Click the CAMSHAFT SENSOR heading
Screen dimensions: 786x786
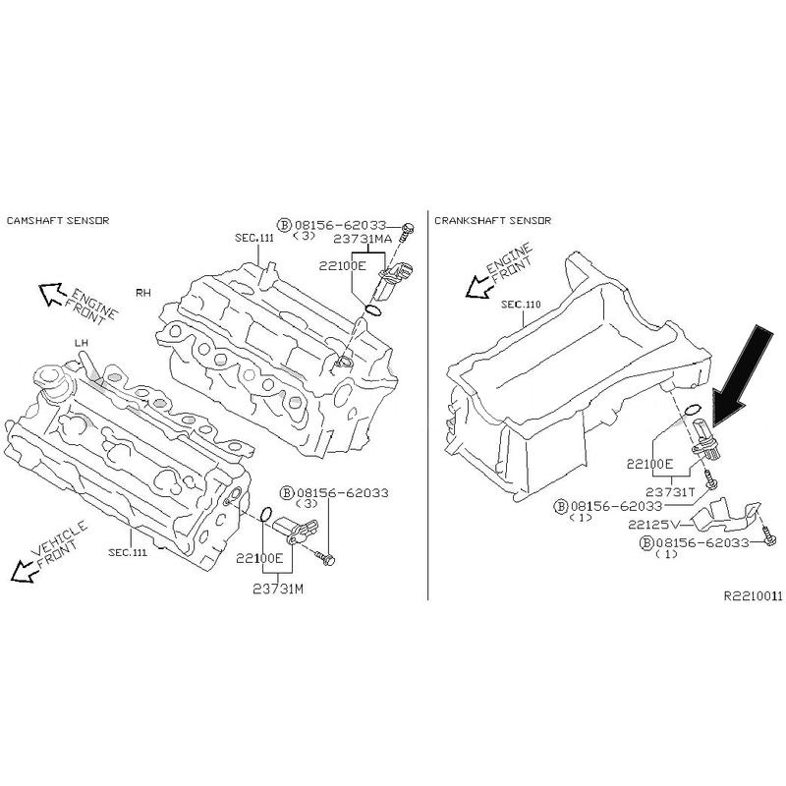point(57,220)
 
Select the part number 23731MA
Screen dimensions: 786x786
point(365,239)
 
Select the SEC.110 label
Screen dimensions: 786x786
point(521,305)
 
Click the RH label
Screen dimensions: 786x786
point(143,293)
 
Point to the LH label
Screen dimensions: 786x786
point(82,342)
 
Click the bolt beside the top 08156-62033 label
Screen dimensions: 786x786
point(410,228)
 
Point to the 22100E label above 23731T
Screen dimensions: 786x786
point(649,462)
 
